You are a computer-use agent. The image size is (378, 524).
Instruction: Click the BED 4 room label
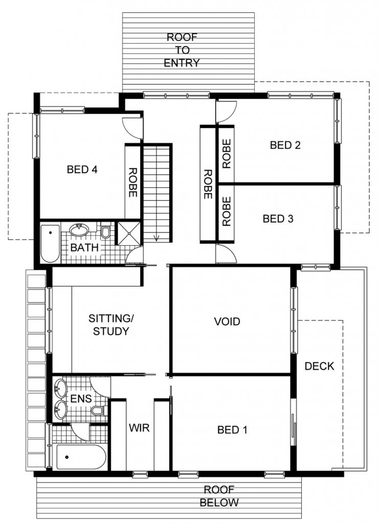click(x=82, y=169)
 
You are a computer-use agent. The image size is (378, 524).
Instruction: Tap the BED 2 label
click(x=285, y=145)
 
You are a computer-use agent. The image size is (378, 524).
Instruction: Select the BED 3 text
click(x=278, y=219)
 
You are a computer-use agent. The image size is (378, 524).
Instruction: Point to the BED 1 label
click(x=232, y=429)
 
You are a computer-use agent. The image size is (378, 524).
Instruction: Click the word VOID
click(x=227, y=321)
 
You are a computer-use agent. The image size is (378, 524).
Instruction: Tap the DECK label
click(x=319, y=366)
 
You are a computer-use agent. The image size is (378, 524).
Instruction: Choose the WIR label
click(x=139, y=428)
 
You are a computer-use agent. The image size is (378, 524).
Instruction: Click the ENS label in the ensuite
click(x=81, y=398)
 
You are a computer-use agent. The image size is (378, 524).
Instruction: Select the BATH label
click(x=84, y=248)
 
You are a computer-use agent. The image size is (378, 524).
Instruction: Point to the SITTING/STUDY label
click(x=111, y=324)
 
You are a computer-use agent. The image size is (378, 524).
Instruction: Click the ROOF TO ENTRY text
click(x=182, y=50)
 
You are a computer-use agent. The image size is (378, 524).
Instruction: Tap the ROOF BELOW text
click(x=219, y=496)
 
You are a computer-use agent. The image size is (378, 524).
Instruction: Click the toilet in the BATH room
click(x=106, y=232)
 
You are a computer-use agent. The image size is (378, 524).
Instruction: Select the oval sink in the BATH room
click(x=79, y=230)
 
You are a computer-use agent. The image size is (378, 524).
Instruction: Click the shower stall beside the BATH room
click(x=128, y=233)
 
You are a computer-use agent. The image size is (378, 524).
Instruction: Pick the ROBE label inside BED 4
click(x=133, y=183)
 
